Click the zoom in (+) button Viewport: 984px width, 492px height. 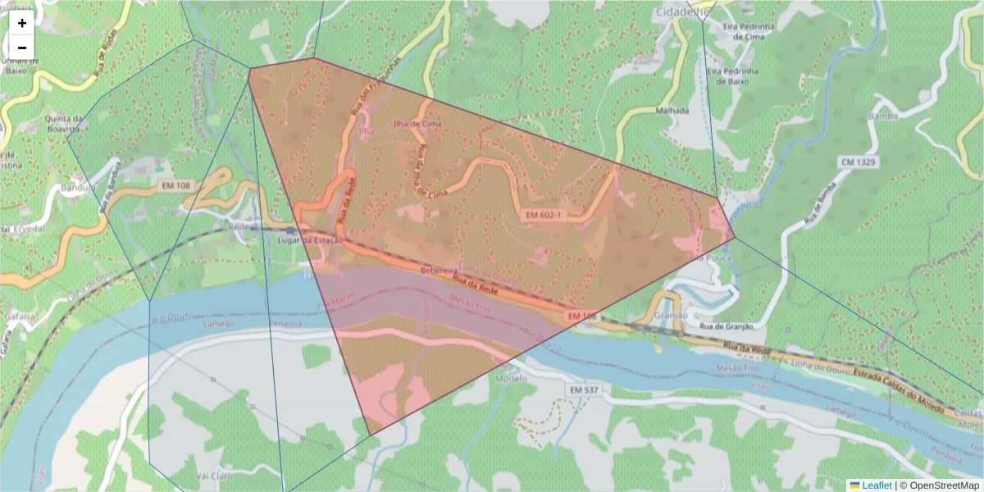[22, 23]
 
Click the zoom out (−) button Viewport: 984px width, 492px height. [22, 48]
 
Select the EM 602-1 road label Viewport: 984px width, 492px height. [544, 215]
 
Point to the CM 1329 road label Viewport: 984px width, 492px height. [859, 162]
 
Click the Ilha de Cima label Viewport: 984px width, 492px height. [417, 124]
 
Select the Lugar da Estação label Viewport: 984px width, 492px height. [311, 240]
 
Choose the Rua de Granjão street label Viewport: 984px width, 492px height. [726, 326]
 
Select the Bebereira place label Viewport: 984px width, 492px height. [439, 270]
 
